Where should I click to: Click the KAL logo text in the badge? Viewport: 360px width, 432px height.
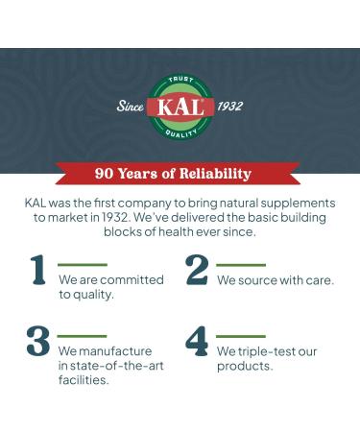pyautogui.click(x=180, y=107)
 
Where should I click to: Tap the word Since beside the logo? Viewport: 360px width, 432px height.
pyautogui.click(x=130, y=107)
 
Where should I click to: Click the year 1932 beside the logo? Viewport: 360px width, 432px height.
pyautogui.click(x=230, y=107)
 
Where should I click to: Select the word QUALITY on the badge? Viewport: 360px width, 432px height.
pyautogui.click(x=180, y=132)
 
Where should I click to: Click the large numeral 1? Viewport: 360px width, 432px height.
pyautogui.click(x=38, y=271)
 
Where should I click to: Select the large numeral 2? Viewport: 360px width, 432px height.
pyautogui.click(x=196, y=271)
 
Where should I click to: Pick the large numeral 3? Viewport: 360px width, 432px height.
pyautogui.click(x=38, y=343)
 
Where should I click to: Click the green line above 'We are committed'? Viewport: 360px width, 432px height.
pyautogui.click(x=83, y=264)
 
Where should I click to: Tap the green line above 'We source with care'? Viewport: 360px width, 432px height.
pyautogui.click(x=241, y=264)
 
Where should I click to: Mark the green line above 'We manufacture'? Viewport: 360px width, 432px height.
pyautogui.click(x=83, y=336)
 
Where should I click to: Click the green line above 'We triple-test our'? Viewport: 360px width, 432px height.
pyautogui.click(x=241, y=336)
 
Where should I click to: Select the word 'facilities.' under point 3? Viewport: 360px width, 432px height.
pyautogui.click(x=84, y=380)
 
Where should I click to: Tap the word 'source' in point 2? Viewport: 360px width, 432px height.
pyautogui.click(x=256, y=280)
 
